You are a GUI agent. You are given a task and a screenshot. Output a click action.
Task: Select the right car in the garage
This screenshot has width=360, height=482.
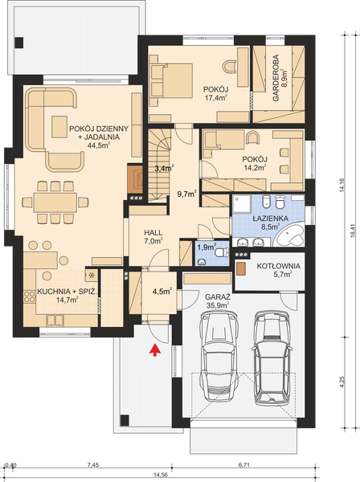pos(272,354)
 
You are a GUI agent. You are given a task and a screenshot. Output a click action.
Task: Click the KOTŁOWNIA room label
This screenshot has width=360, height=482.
pos(279,266)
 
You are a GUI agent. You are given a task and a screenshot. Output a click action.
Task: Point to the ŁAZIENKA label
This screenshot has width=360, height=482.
pos(267,218)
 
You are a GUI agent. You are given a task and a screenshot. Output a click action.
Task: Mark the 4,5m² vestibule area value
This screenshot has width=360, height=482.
pos(164,292)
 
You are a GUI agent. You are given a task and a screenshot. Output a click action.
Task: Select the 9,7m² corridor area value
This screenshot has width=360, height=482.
pos(186,194)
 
